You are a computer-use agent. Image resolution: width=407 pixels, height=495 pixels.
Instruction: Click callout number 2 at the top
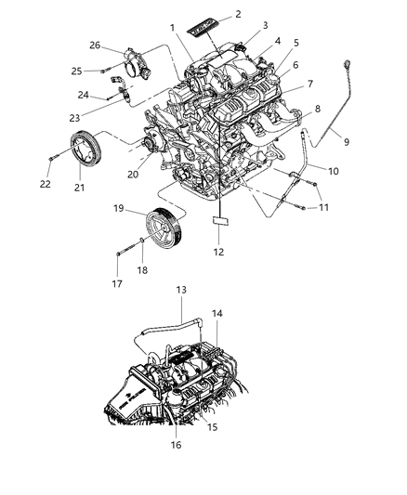click(x=239, y=14)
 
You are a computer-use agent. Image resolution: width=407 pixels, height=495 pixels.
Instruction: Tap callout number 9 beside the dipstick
click(x=346, y=141)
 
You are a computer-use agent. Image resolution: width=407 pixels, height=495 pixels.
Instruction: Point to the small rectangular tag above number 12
click(x=219, y=223)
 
